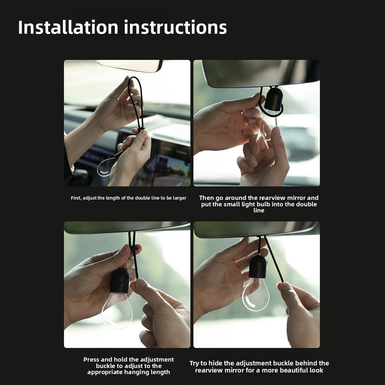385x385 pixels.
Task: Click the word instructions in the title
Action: (x=175, y=27)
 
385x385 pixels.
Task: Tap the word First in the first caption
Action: (x=76, y=198)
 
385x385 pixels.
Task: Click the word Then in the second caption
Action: (x=206, y=198)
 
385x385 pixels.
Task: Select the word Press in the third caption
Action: (x=91, y=360)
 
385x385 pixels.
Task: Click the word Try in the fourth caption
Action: (x=194, y=363)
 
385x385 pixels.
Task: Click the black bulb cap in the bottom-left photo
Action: (x=120, y=281)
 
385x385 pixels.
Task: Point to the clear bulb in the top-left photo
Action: (x=106, y=167)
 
